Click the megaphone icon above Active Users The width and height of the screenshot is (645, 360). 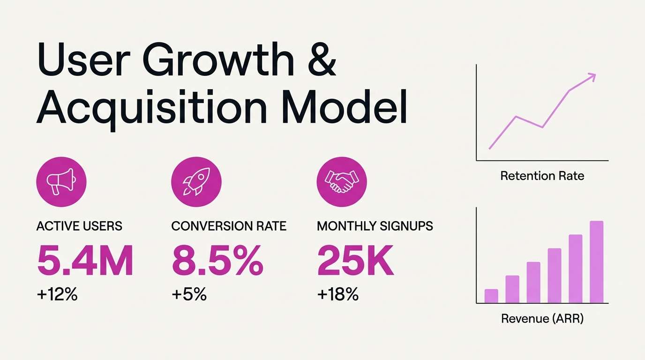pyautogui.click(x=61, y=182)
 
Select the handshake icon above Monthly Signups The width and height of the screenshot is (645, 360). pyautogui.click(x=342, y=182)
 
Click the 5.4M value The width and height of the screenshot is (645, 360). pyautogui.click(x=85, y=261)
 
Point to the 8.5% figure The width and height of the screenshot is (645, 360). pyautogui.click(x=217, y=261)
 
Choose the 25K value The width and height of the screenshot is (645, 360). pyautogui.click(x=356, y=261)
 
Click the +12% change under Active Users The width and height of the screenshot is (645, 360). pyautogui.click(x=57, y=295)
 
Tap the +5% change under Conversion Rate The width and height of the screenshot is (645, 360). pyautogui.click(x=189, y=295)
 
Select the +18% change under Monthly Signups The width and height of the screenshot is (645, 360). pyautogui.click(x=337, y=295)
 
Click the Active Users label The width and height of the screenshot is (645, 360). pyautogui.click(x=79, y=226)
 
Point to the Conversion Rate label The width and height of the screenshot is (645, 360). pyautogui.click(x=229, y=226)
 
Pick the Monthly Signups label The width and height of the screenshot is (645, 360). pyautogui.click(x=375, y=226)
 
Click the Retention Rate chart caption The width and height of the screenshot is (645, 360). pyautogui.click(x=542, y=176)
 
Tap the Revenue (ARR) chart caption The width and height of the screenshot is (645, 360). pyautogui.click(x=542, y=319)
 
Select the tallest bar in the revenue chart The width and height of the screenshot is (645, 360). pyautogui.click(x=596, y=262)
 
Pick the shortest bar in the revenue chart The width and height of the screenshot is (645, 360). pyautogui.click(x=491, y=296)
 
